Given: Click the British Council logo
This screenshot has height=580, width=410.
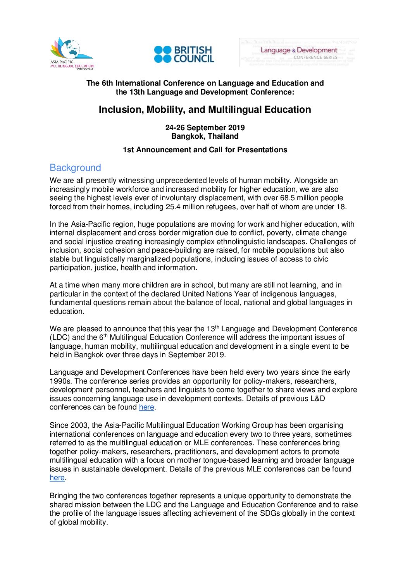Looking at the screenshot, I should tap(184, 54).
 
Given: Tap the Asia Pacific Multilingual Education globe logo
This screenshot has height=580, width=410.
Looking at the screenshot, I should tap(72, 53).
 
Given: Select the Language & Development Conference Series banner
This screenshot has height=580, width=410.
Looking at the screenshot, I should tap(299, 52).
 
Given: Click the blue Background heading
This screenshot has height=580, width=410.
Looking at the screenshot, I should tap(75, 168).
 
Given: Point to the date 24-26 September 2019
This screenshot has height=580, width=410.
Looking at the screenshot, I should tap(205, 127).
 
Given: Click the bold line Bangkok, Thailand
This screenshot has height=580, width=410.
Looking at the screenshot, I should tap(205, 136).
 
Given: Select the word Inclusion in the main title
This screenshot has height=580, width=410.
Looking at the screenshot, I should tap(121, 110).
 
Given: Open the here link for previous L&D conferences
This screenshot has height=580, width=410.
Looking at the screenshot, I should tap(146, 407).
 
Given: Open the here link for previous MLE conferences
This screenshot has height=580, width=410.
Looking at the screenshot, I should tap(57, 478).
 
